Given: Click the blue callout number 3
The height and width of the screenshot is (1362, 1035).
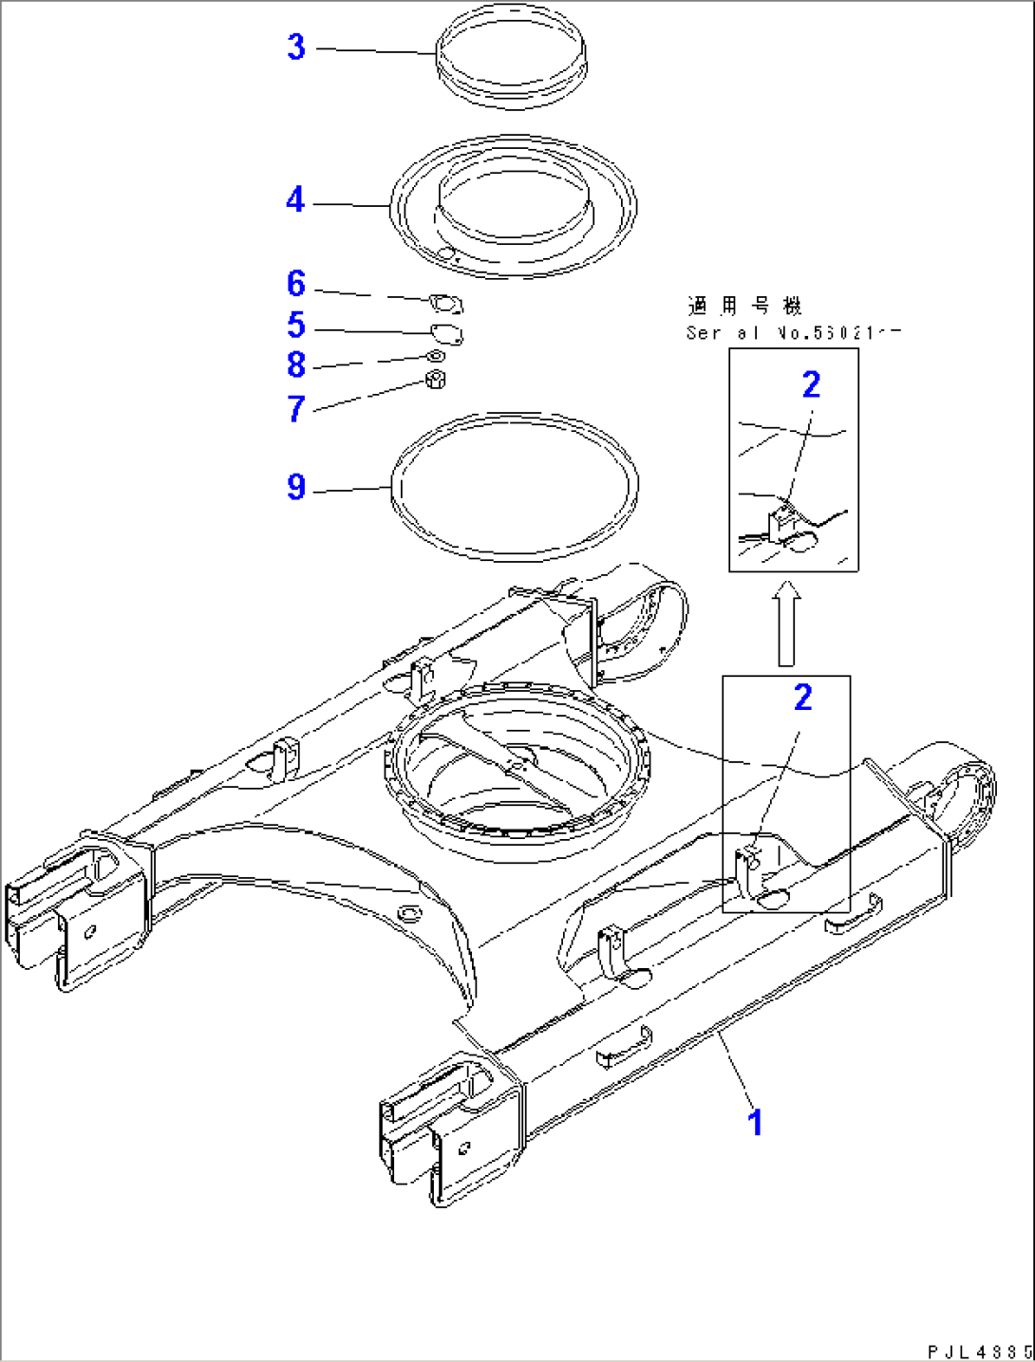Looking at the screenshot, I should tap(296, 47).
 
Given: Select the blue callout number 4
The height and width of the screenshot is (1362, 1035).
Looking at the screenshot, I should tap(295, 200).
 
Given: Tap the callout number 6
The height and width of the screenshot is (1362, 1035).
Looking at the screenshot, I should tap(296, 284).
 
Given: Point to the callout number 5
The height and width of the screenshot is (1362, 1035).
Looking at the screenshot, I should tap(296, 326).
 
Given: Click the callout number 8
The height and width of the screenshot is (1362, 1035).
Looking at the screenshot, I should tap(296, 365).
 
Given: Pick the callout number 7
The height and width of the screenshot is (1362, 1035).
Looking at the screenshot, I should tap(296, 409).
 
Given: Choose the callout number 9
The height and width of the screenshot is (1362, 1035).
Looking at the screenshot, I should tap(296, 487).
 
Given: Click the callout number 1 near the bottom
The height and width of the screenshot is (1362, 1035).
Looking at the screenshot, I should tap(755, 1123).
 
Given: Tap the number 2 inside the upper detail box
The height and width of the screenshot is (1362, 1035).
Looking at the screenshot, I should tap(811, 384).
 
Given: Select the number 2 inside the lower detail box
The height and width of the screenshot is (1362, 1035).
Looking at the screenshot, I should tap(803, 698).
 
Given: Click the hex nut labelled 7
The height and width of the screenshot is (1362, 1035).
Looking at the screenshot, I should tap(436, 381).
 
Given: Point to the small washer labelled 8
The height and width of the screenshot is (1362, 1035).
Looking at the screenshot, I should tap(436, 356).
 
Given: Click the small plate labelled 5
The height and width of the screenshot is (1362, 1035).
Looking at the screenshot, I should tap(445, 334).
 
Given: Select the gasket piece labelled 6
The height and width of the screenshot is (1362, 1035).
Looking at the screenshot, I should tap(444, 304).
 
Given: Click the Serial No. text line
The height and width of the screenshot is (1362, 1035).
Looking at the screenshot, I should tap(792, 333).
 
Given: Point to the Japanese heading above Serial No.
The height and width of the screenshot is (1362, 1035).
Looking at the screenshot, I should tap(744, 306).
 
